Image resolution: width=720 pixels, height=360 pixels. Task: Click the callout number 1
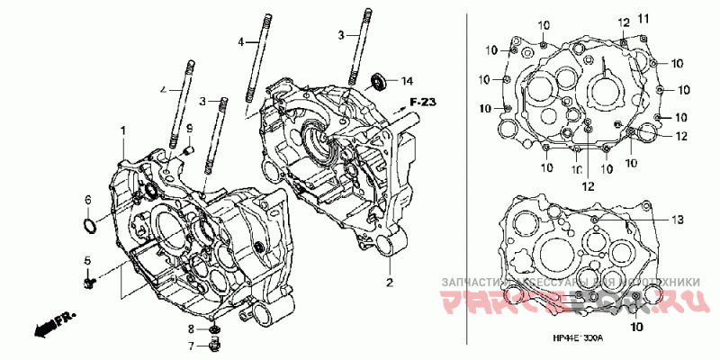[122, 131]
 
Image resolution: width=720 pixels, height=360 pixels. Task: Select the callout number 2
[390, 283]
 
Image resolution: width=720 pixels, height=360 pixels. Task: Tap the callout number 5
[88, 261]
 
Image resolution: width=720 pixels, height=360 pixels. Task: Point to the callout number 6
[88, 199]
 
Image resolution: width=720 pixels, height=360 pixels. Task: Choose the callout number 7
[191, 346]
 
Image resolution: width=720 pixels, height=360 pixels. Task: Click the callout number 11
[643, 19]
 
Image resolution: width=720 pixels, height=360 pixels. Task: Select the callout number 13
[676, 219]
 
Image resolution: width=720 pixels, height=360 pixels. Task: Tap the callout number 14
[407, 80]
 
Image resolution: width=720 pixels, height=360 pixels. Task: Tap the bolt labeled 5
[88, 283]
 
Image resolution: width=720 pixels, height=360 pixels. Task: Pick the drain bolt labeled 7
[215, 346]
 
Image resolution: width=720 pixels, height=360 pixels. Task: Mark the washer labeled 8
[214, 329]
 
